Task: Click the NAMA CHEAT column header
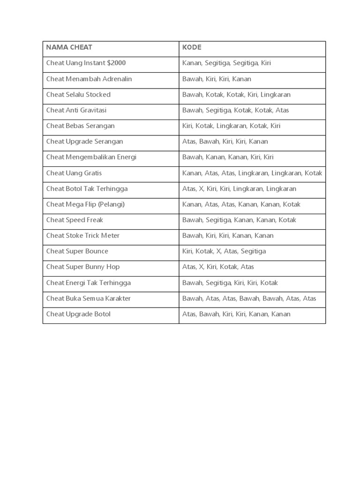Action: [x=69, y=47]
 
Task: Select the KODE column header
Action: [x=192, y=47]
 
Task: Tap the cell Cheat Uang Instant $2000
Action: [x=86, y=63]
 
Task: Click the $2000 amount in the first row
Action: [x=116, y=63]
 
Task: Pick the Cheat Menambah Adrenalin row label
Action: [x=89, y=79]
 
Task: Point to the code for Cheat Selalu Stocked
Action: [x=236, y=94]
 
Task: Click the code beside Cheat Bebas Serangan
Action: [x=231, y=126]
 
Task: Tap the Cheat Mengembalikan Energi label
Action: [x=91, y=157]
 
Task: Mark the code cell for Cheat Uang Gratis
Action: [x=252, y=173]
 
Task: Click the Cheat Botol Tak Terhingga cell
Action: [x=87, y=188]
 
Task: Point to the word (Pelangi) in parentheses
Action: [x=112, y=204]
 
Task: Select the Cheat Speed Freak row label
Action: [x=75, y=220]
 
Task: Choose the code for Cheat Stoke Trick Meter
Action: [x=228, y=235]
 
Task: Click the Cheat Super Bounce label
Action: [x=77, y=251]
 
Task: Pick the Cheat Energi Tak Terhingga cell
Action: [x=88, y=283]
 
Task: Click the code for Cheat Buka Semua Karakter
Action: [x=249, y=298]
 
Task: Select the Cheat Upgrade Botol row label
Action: [x=78, y=314]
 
